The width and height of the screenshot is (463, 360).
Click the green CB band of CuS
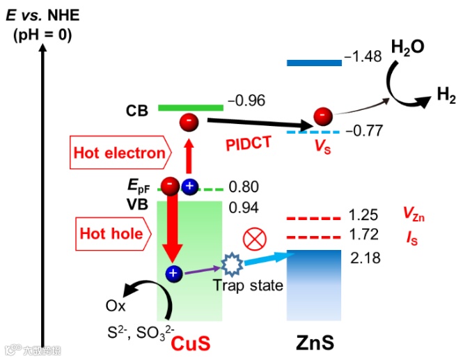click(190, 108)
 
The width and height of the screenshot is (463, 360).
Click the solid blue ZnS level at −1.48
click(314, 63)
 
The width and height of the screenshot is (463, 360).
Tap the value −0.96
click(246, 102)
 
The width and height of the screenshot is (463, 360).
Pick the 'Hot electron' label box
click(120, 152)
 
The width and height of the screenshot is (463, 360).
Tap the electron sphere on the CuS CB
click(189, 123)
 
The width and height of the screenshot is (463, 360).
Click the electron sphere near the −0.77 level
click(322, 116)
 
